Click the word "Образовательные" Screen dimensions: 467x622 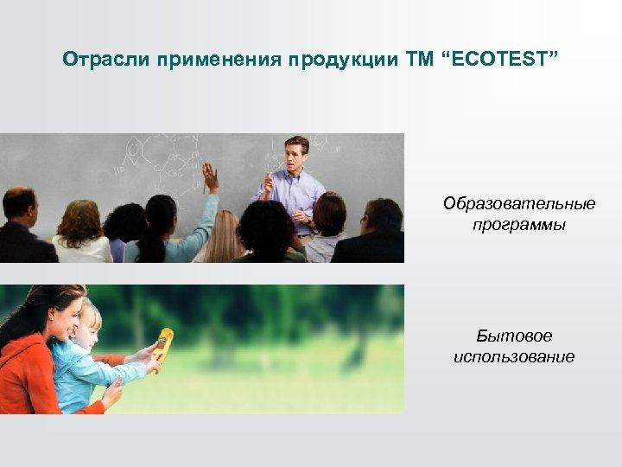tap(518, 203)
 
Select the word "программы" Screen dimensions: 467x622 tap(518, 225)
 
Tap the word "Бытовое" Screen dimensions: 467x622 tap(514, 336)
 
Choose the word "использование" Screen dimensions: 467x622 tap(514, 357)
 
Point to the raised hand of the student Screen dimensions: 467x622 tap(210, 177)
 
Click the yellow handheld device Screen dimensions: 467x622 tap(162, 345)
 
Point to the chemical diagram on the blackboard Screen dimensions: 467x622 tap(164, 160)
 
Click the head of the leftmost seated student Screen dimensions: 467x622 tap(19, 206)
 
